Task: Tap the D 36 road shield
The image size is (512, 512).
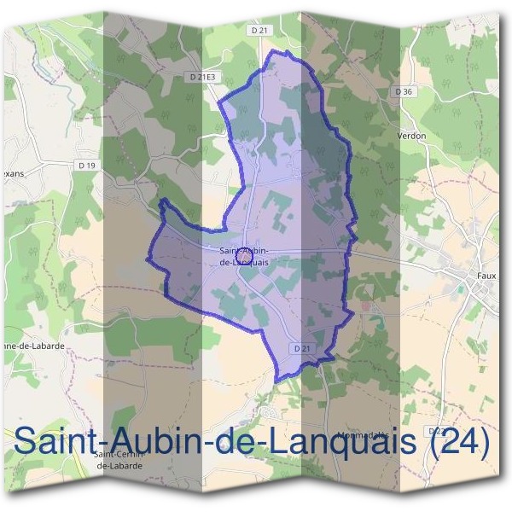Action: pyautogui.click(x=404, y=91)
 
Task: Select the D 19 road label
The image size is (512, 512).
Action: pyautogui.click(x=85, y=165)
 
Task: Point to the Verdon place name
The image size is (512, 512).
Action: pyautogui.click(x=411, y=136)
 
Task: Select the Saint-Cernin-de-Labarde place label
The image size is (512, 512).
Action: pyautogui.click(x=113, y=461)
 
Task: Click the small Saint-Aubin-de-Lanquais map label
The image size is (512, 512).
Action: pyautogui.click(x=244, y=256)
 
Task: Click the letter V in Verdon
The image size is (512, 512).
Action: pyautogui.click(x=400, y=136)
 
